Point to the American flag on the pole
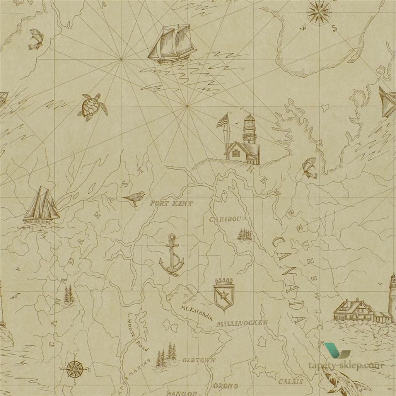coord(223,121)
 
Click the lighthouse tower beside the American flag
coord(249,130)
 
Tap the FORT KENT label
coord(171,203)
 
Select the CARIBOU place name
coord(225,219)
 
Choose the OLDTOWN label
coord(198,360)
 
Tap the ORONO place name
coord(225,386)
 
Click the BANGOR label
coord(179,393)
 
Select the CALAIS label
coord(290,381)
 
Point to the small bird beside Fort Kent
coord(134,198)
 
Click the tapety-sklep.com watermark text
coord(345,365)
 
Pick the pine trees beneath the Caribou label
coord(244,234)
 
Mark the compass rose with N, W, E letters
coord(75,369)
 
